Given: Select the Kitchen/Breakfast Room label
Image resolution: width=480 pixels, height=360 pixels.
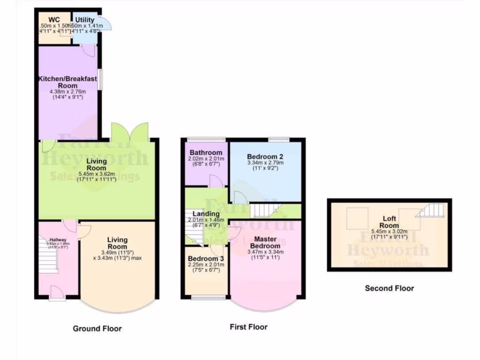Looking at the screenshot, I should click(x=67, y=82).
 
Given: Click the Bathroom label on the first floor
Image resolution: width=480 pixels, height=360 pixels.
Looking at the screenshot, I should click(x=206, y=153).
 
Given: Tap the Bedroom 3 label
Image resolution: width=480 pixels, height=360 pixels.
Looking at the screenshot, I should click(x=206, y=259).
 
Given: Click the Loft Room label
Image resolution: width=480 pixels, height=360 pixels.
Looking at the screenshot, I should click(x=389, y=222).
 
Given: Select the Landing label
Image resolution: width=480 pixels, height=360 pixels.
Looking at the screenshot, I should click(x=206, y=214).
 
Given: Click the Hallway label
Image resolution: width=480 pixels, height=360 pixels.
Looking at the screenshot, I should click(x=58, y=240).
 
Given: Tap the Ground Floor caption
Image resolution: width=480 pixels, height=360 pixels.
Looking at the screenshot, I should click(x=97, y=329).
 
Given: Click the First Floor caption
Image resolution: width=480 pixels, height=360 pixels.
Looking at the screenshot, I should click(x=248, y=327).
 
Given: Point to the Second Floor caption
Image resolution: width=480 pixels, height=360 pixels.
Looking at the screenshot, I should click(x=390, y=288).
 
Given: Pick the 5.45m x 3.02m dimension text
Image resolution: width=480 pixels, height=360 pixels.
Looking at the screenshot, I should click(x=390, y=231).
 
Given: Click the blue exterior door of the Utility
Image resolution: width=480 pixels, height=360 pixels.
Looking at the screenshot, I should click(x=106, y=23).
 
